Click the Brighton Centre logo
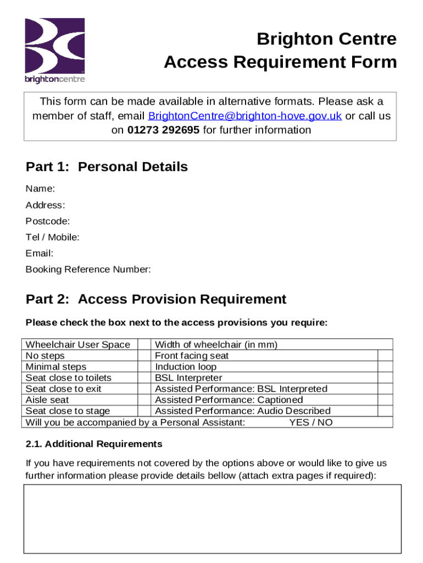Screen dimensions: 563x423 pos(54,50)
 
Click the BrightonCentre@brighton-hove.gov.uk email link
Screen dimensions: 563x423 pos(245,116)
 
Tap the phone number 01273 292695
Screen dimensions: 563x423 pos(163,130)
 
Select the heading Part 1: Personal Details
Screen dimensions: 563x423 pos(107,167)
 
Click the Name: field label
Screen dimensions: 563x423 pos(40,189)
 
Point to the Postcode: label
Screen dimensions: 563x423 pos(47,222)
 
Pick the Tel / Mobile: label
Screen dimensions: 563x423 pos(52,238)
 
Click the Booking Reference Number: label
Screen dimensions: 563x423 pos(88,270)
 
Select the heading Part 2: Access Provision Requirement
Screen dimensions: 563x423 pos(156,300)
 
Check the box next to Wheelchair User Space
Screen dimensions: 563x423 pos(144,345)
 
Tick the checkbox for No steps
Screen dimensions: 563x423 pos(144,356)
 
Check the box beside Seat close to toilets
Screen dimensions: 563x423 pos(144,378)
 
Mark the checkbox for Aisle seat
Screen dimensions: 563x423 pos(144,400)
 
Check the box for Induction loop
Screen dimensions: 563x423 pos(385,367)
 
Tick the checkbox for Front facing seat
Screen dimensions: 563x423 pos(385,356)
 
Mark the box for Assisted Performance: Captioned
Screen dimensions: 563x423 pos(385,400)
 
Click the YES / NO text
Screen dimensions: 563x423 pos(310,422)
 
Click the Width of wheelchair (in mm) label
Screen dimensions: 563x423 pos(216,345)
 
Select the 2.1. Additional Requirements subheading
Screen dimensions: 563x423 pos(94,444)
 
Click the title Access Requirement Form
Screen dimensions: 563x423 pos(280,63)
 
